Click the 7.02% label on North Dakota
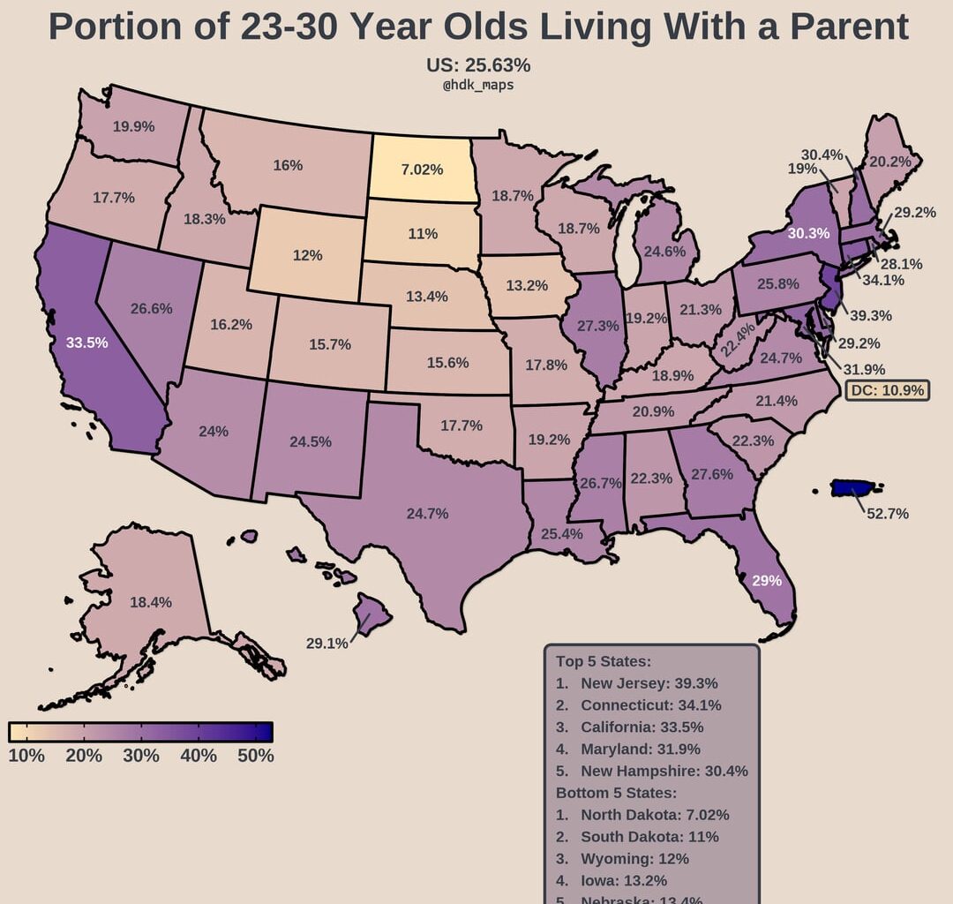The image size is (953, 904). pos(422,169)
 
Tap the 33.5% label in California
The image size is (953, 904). pos(86,343)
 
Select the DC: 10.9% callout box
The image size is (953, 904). pos(887,390)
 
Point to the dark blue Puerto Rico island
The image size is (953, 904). pos(855,488)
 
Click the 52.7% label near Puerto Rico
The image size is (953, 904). pos(887,513)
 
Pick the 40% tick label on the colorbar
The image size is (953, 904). pos(199,757)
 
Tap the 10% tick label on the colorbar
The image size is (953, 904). pos(26,757)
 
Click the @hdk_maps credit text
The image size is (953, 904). pos(477,86)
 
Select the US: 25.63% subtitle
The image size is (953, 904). pos(477,65)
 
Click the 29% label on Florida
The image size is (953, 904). pos(767,581)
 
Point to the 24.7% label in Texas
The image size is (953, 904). pos(428,513)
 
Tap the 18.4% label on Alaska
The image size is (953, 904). pos(150,602)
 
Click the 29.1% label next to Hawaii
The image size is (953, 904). pos(326,644)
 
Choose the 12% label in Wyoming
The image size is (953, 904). pos(307,255)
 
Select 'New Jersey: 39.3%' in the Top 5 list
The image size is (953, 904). pos(649,683)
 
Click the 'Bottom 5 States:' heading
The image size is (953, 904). pos(616,793)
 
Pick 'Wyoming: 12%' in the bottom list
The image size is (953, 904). pos(634,858)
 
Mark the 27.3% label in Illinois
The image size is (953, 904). pos(598,325)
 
